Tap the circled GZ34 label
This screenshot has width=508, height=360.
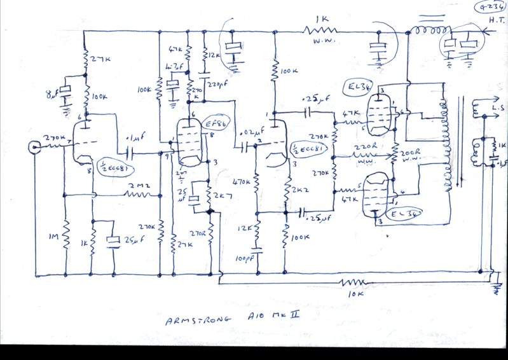(x=490, y=8)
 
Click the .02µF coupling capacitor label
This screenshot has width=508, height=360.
(x=245, y=134)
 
